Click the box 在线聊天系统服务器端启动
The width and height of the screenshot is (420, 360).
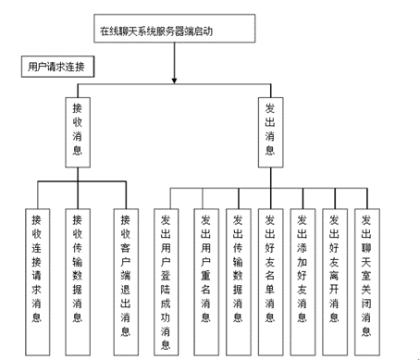[174, 30]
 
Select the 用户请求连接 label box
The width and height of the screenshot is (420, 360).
[59, 68]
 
